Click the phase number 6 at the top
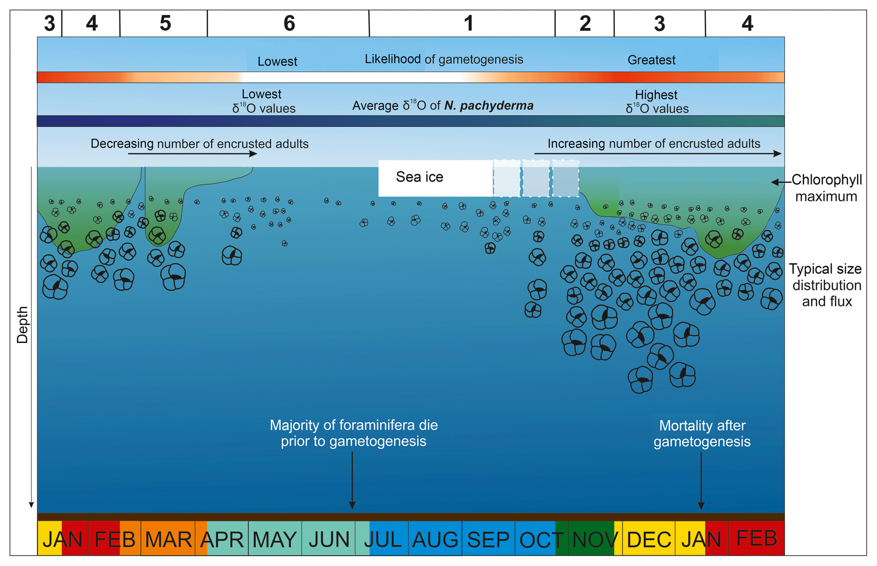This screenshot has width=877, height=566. (289, 23)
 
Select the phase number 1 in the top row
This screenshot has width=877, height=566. (468, 23)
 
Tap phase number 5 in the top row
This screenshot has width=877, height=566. (165, 23)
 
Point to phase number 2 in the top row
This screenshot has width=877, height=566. (585, 23)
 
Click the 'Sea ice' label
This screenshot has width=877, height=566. (420, 177)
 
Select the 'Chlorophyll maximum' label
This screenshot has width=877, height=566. (827, 188)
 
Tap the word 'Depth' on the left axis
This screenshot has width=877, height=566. (22, 325)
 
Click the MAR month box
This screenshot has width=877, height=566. (168, 539)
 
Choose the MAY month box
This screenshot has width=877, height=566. (275, 539)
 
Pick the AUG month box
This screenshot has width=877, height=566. (435, 539)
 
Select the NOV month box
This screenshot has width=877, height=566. (594, 539)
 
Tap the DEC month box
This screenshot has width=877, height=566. (649, 539)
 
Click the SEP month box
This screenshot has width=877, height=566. (488, 539)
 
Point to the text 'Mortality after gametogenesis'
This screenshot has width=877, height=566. (702, 433)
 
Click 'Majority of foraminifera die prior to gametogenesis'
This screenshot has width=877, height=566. (353, 433)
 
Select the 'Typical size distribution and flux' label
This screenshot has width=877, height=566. (826, 285)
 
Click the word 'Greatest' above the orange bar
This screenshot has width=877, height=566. (651, 60)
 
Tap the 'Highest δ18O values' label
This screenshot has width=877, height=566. (657, 102)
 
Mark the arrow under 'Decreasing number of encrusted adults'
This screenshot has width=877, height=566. (192, 153)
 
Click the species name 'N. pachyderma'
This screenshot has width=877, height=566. (489, 106)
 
